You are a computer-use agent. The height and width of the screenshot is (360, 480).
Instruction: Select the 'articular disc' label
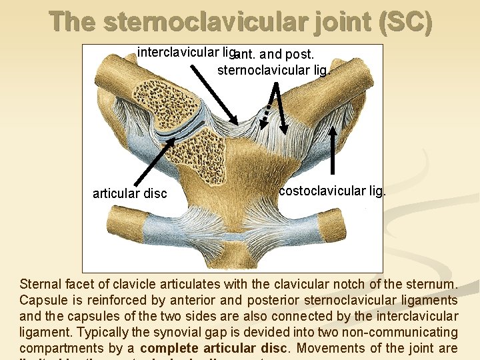click(x=129, y=194)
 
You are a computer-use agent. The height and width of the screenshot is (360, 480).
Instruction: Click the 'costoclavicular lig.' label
click(x=332, y=191)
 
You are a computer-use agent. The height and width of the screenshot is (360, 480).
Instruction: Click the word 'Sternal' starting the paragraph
click(x=39, y=284)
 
